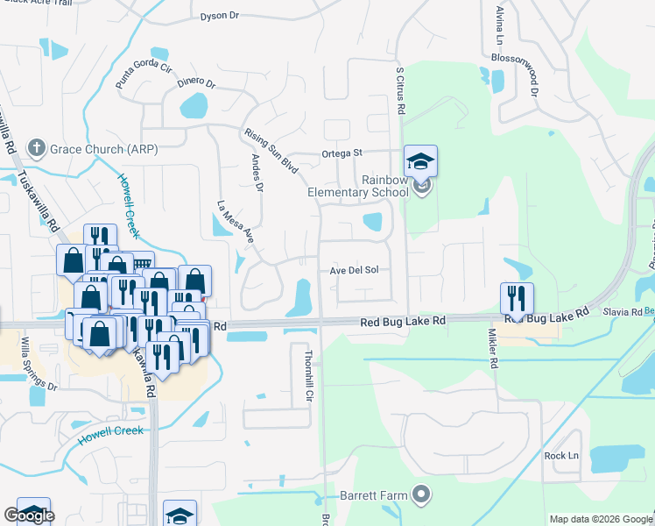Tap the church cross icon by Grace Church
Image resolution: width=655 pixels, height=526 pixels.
(36, 148)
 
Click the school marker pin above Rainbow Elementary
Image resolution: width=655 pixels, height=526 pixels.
(420, 161)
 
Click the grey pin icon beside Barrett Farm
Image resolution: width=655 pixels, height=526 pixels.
(422, 495)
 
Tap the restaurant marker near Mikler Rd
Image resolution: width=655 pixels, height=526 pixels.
(518, 299)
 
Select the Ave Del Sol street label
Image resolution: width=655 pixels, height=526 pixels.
(354, 270)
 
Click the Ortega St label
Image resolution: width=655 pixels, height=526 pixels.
(342, 153)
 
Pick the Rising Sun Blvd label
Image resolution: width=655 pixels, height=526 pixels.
(271, 151)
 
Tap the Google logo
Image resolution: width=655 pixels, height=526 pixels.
(30, 515)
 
